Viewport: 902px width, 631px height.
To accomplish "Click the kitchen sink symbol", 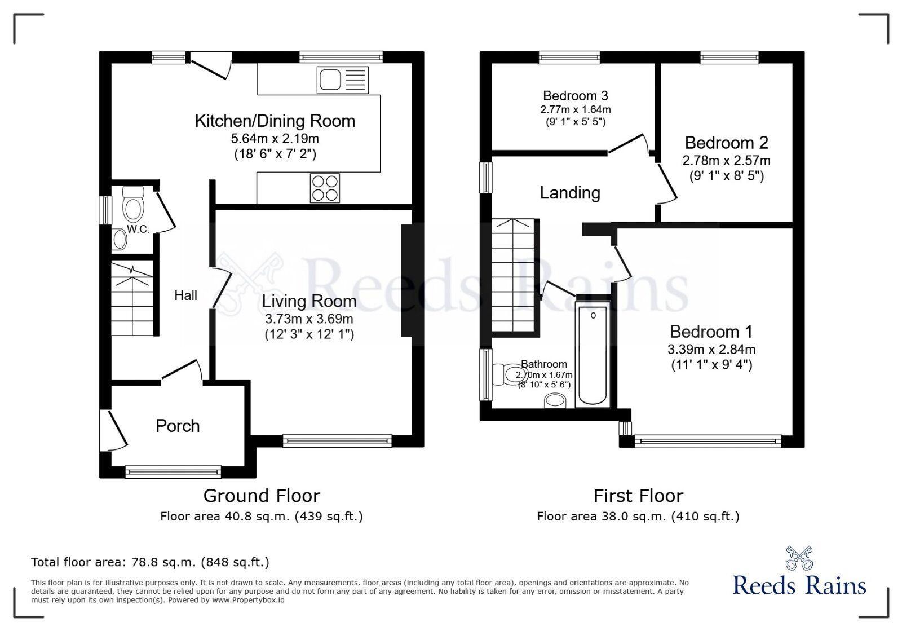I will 342,80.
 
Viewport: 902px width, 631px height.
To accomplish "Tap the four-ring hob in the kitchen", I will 325,188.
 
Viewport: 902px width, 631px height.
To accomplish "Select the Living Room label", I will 309,302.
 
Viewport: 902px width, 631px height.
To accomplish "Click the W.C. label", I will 138,229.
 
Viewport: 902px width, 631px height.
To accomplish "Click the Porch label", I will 178,426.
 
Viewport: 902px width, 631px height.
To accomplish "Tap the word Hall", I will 185,295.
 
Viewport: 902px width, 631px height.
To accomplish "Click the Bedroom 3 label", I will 575,96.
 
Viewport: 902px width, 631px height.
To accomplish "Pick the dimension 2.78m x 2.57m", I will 726,161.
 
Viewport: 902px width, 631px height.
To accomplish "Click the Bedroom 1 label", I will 711,332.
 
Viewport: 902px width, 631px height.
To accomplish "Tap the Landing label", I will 569,193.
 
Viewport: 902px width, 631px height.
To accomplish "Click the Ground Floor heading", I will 262,496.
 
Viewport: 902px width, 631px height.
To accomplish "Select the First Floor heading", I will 638,496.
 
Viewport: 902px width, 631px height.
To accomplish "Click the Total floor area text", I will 150,562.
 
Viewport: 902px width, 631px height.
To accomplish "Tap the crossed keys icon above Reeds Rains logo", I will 799,558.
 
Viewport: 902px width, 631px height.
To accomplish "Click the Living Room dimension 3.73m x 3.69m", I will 309,319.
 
